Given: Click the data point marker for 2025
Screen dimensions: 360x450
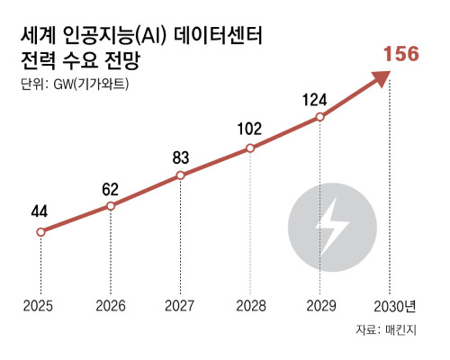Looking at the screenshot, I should (x=40, y=231).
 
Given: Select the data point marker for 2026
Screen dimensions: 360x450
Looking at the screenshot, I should (x=110, y=206).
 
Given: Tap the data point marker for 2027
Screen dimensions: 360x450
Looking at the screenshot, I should (x=180, y=175).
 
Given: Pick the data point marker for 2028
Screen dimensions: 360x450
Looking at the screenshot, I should (x=250, y=148).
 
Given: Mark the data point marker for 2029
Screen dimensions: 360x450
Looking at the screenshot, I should (x=320, y=117).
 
